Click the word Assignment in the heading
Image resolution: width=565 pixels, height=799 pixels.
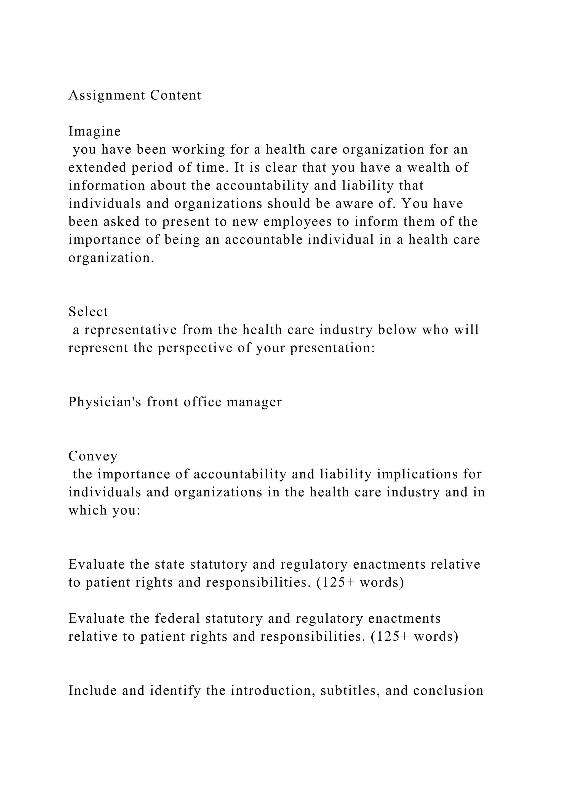[x=106, y=95]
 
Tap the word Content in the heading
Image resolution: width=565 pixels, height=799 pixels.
[x=176, y=95]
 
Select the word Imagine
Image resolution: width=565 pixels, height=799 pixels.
[x=95, y=132]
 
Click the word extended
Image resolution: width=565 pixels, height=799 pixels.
[x=97, y=167]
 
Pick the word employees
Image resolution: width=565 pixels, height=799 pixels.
[x=297, y=222]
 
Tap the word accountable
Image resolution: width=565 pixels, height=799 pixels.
[x=264, y=240]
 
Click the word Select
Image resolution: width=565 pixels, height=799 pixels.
[x=88, y=311]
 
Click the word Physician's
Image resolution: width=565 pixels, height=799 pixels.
[x=105, y=402]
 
